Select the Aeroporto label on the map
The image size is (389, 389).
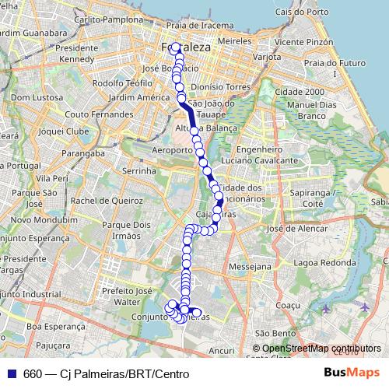pyautogui.click(x=172, y=149)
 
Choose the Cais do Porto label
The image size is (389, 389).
pyautogui.click(x=315, y=12)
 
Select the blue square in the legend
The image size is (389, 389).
pyautogui.click(x=12, y=373)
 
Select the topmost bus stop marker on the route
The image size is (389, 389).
pyautogui.click(x=176, y=46)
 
